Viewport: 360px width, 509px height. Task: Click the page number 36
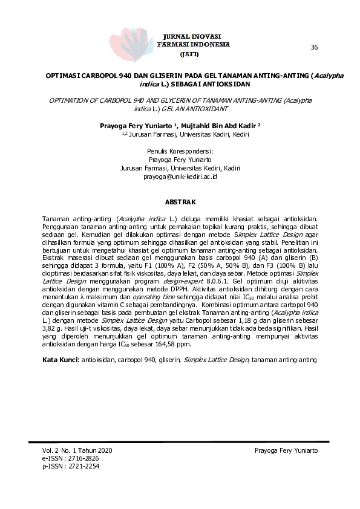point(314,47)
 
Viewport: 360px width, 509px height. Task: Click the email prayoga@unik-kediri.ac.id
point(180,177)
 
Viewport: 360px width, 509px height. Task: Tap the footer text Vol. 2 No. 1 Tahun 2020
point(77,451)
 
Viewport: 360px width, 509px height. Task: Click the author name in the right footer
point(286,451)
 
